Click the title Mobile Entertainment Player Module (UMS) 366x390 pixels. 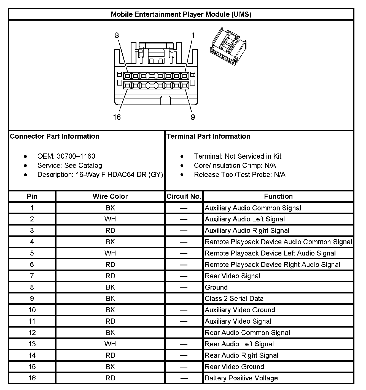coord(181,14)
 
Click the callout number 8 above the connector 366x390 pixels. coord(117,35)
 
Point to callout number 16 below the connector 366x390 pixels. coord(117,117)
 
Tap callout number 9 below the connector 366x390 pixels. coord(193,117)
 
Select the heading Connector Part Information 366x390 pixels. coord(55,136)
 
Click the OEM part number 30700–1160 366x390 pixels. coord(76,156)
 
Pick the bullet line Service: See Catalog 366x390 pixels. coord(69,166)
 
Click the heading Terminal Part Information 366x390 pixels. coord(208,136)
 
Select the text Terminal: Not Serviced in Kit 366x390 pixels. coord(238,156)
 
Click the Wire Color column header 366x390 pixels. coord(110,196)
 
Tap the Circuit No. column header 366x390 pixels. coord(184,196)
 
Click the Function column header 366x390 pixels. coord(278,196)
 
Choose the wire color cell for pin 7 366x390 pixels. coord(110,276)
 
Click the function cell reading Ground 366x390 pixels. coord(216,287)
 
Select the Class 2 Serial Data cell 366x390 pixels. coord(234,299)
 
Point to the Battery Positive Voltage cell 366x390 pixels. coord(241,378)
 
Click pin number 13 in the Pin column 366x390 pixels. coord(32,344)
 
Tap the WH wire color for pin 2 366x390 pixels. coord(110,219)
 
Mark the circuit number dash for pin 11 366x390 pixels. coord(184,322)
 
